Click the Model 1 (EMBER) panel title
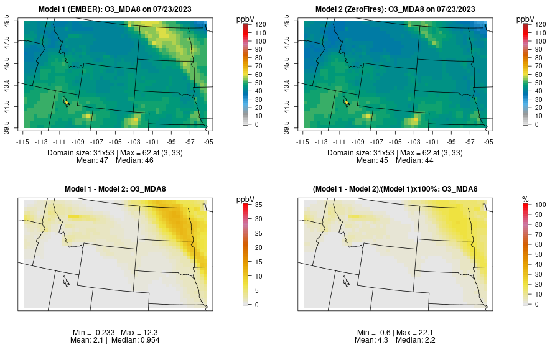(118, 9)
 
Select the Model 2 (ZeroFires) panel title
(397, 9)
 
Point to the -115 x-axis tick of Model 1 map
(24, 142)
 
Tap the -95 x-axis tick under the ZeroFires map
(489, 142)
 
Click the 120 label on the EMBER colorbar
(260, 24)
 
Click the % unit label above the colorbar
(525, 199)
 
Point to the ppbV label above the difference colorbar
(246, 199)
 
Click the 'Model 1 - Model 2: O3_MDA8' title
(118, 189)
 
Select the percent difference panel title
(397, 189)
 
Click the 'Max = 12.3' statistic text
(139, 333)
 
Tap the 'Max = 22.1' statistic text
(418, 333)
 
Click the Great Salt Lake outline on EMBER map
(65, 99)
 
